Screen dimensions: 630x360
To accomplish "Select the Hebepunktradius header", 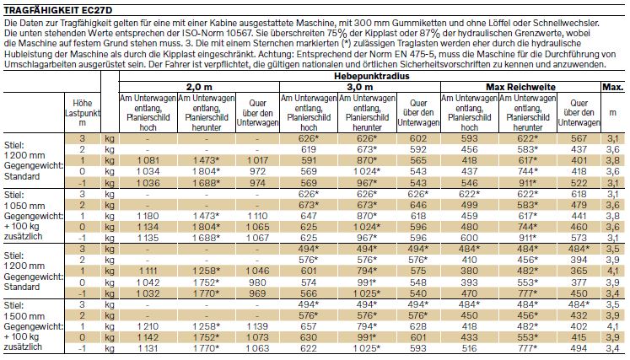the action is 372,77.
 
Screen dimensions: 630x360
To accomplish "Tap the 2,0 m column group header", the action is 199,87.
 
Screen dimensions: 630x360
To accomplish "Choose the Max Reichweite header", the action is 520,87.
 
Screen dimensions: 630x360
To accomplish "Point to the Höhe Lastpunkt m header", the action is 83,113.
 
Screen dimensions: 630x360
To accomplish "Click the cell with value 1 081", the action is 148,160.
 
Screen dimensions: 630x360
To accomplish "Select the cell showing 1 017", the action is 257,160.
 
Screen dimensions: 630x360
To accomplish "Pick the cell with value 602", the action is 418,138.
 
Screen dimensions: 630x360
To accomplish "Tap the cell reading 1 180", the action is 148,216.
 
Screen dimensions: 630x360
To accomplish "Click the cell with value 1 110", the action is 257,216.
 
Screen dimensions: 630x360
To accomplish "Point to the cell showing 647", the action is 309,216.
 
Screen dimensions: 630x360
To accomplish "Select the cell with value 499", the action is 469,206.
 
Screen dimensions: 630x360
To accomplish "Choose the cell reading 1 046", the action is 257,271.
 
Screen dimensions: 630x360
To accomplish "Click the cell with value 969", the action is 257,293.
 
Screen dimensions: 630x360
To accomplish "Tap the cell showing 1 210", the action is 148,326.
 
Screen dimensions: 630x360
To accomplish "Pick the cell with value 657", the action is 309,326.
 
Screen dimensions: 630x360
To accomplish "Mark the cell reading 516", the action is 469,348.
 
